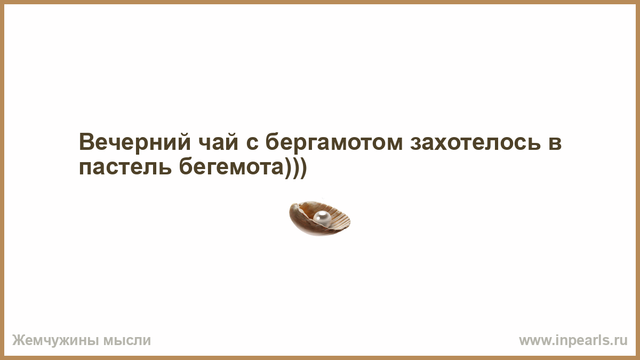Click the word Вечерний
coord(135,142)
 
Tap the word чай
coord(218,142)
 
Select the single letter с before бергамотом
coord(252,144)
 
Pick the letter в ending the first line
coord(555,143)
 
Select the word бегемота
coord(231,166)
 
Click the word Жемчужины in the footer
coord(55,341)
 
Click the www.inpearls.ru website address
coord(573,341)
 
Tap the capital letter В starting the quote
coord(86,142)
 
